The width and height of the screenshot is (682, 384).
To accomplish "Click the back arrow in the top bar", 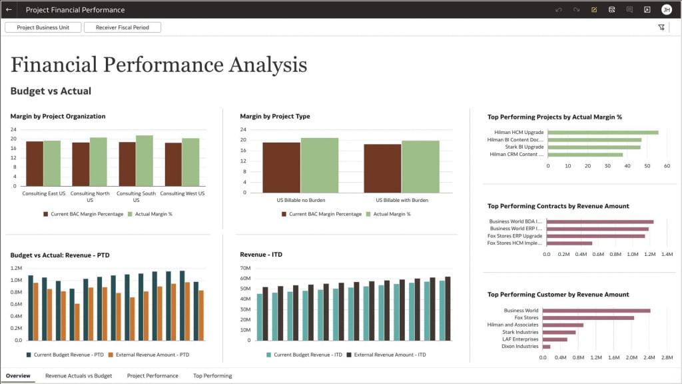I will click(9, 10).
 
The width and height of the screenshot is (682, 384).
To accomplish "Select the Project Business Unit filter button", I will click(43, 27).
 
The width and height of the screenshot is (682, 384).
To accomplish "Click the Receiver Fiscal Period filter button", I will click(123, 27).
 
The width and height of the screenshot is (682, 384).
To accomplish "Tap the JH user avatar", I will click(666, 10).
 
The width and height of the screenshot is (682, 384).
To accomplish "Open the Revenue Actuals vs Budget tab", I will click(79, 376).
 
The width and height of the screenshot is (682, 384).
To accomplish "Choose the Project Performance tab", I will click(153, 376).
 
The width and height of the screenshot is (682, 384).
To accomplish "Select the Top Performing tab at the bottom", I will click(212, 376).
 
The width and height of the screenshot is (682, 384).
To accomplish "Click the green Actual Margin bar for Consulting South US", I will click(145, 161).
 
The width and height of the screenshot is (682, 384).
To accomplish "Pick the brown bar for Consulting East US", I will click(35, 163).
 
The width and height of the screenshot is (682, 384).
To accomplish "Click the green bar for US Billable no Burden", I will click(319, 165).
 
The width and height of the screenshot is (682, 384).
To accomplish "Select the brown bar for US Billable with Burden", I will click(382, 168).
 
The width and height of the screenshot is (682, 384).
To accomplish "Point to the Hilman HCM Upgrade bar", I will click(602, 132).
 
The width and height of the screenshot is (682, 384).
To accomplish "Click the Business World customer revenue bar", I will click(596, 310).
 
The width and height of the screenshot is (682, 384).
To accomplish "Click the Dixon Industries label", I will click(521, 347).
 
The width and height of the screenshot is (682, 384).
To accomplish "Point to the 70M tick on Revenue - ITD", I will click(244, 269).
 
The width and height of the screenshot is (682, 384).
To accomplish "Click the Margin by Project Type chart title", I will click(274, 117).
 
